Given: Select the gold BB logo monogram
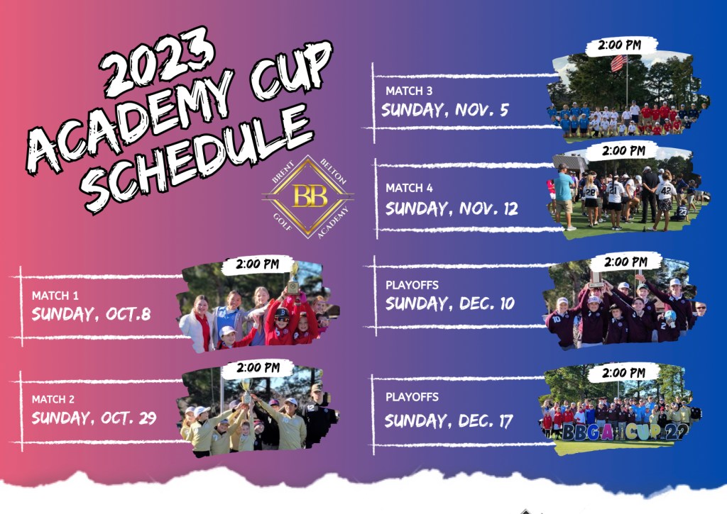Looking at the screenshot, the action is [310, 196].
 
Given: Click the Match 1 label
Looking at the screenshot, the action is [55, 296].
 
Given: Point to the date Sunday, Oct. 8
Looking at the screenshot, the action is [91, 314].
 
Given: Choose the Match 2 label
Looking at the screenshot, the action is [53, 399].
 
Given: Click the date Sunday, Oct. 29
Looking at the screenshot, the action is [94, 418].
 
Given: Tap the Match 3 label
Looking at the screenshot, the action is [409, 91].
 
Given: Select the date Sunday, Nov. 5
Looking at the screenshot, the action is [445, 110].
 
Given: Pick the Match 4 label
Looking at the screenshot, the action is [410, 188].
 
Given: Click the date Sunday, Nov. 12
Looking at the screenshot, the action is [452, 208].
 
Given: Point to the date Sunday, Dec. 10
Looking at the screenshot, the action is [450, 303].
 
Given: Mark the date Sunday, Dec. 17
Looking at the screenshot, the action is [449, 421].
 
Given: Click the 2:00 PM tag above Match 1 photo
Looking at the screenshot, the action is [257, 264].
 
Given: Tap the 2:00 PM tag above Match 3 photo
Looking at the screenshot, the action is [619, 45].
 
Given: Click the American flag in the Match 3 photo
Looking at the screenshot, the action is [619, 63].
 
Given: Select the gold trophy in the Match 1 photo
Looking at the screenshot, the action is [293, 279].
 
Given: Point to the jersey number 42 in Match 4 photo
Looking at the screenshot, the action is [666, 189].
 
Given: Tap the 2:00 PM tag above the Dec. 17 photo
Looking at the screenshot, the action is [623, 373].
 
